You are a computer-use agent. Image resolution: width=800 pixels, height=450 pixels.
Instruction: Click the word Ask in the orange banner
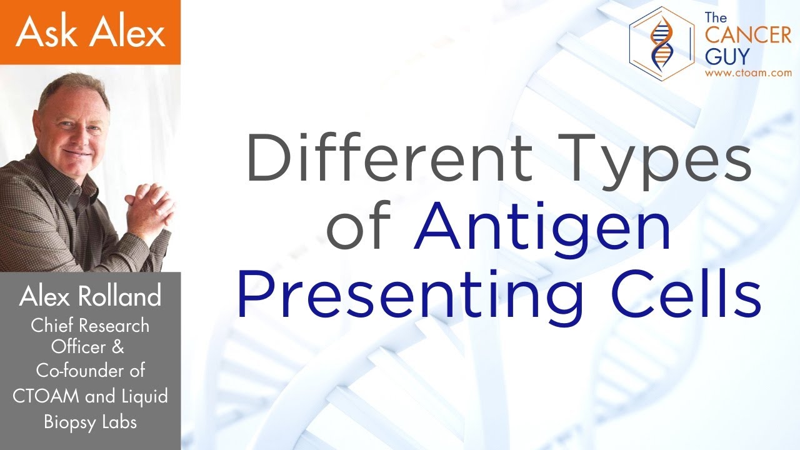tap(47, 32)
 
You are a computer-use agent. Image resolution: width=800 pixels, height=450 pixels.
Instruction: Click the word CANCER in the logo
tap(747, 36)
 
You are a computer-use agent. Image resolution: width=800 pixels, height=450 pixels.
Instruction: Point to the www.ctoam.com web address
tap(747, 73)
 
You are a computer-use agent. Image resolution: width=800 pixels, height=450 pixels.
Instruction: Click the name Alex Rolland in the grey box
tap(90, 297)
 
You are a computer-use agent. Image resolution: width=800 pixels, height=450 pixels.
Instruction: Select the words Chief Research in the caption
tap(90, 326)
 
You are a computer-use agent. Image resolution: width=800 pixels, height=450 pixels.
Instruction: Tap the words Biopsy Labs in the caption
tap(90, 422)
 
